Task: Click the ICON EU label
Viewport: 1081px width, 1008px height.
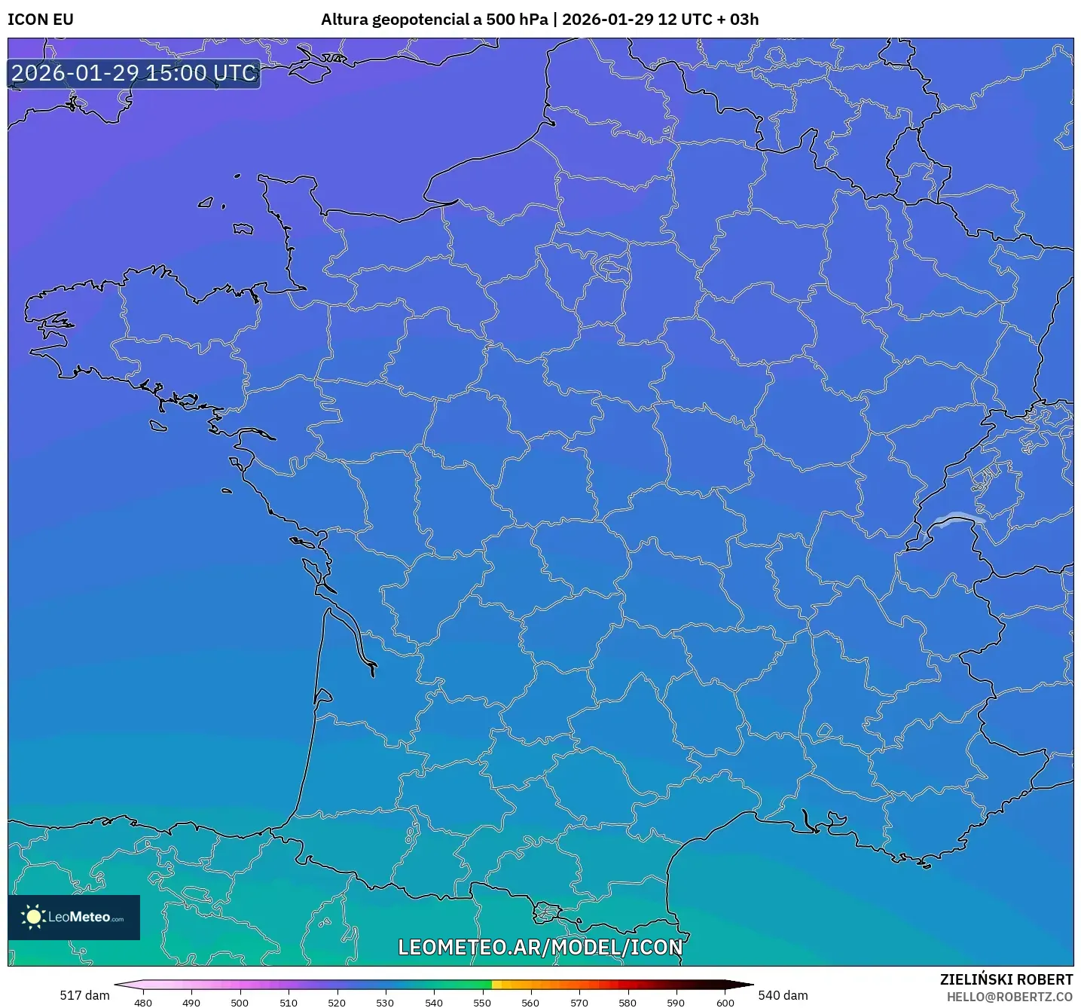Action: [x=41, y=20]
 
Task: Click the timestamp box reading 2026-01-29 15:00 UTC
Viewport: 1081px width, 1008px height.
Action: [x=134, y=74]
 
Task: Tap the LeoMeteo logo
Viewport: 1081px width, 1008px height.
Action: [x=74, y=917]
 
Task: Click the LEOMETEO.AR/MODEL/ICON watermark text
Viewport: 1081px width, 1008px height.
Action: [x=540, y=947]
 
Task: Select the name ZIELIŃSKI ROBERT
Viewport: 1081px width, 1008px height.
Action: [x=1006, y=979]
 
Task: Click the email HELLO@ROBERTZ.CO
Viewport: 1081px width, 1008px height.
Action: [x=1009, y=997]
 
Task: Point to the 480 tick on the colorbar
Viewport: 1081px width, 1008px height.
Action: [x=143, y=1002]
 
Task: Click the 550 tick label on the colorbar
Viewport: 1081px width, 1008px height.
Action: [x=482, y=1002]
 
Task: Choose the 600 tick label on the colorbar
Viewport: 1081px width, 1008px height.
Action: [x=725, y=1002]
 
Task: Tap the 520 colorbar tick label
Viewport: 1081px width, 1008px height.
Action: [x=337, y=1002]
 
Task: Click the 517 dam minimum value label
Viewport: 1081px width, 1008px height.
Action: [x=84, y=995]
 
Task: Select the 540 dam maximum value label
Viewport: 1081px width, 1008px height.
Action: [x=783, y=995]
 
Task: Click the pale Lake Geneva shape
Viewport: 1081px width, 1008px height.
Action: [x=957, y=518]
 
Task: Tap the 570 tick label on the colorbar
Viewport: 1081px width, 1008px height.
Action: [x=579, y=1002]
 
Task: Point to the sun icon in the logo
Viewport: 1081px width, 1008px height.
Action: [x=33, y=917]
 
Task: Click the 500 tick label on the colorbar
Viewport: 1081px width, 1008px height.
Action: [x=240, y=1002]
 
